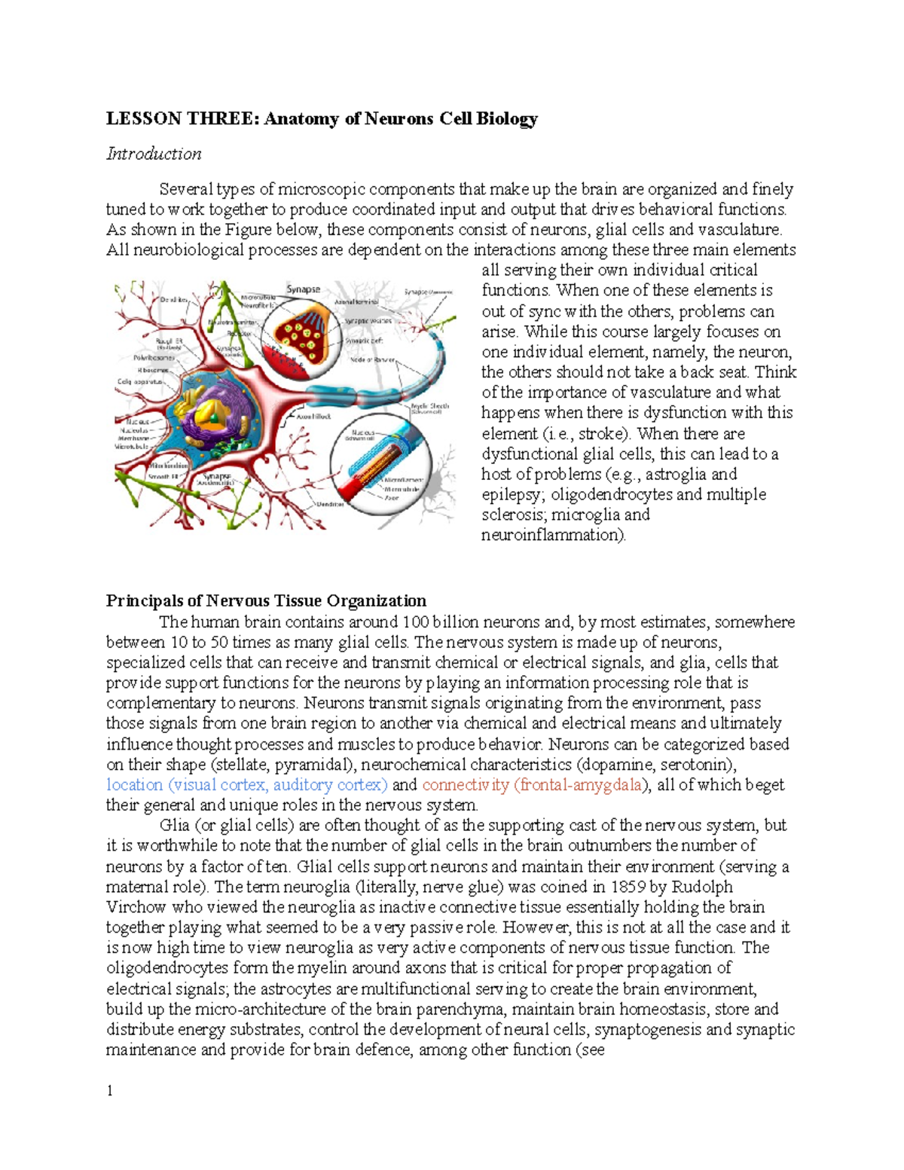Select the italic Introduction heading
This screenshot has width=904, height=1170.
(x=154, y=154)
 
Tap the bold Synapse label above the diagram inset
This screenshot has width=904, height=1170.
(x=303, y=289)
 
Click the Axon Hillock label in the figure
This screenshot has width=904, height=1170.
(x=314, y=416)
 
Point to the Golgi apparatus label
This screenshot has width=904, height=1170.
(x=140, y=381)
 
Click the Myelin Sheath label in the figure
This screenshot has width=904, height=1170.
(x=430, y=406)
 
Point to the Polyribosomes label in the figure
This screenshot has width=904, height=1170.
(x=154, y=358)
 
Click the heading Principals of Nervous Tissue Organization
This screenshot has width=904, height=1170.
(x=266, y=600)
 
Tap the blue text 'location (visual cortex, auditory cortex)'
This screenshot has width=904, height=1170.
(x=247, y=785)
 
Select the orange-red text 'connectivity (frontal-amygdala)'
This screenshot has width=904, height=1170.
(x=534, y=785)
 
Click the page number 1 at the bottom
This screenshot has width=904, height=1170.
(x=110, y=1090)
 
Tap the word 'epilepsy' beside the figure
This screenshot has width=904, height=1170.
(x=512, y=495)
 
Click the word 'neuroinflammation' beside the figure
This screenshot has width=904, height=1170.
(x=552, y=536)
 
